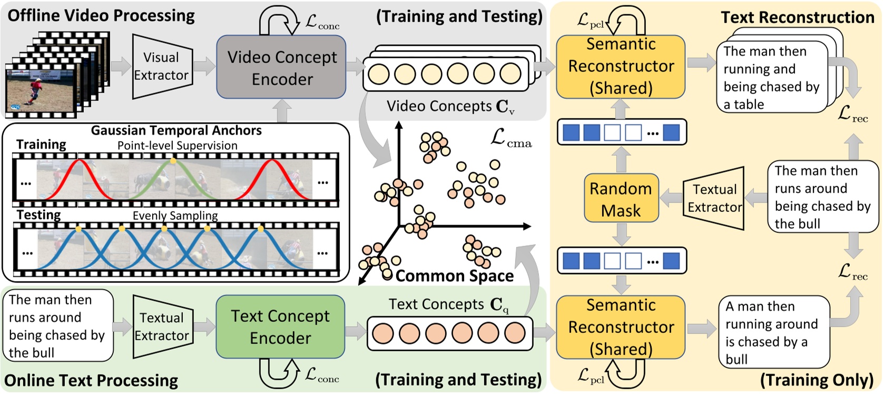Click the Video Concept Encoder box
point(281,67)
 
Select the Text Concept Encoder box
point(280,327)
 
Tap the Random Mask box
point(621,199)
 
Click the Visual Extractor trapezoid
point(162,66)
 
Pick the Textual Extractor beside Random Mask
point(713,198)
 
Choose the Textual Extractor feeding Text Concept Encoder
point(163,327)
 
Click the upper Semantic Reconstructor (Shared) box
point(621,66)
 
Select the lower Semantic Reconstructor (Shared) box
point(621,327)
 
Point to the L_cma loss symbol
point(511,138)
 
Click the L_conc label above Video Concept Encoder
point(322,23)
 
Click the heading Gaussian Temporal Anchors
point(176,130)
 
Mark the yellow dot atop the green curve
point(173,160)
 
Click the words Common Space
point(455,276)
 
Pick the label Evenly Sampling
point(175,216)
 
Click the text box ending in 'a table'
point(771,77)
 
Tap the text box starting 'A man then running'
point(774,332)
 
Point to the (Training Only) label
point(817,380)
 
